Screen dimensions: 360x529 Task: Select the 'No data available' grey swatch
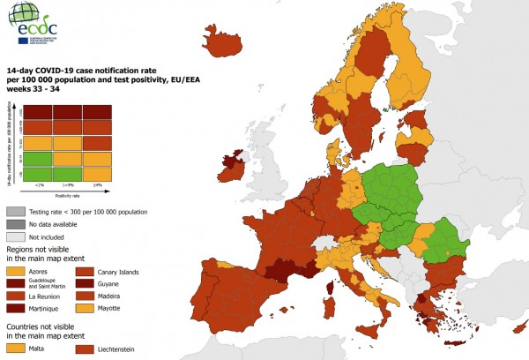point(14,224)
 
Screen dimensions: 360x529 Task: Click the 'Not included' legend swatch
point(14,236)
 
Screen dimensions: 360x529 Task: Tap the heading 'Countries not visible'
point(44,327)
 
